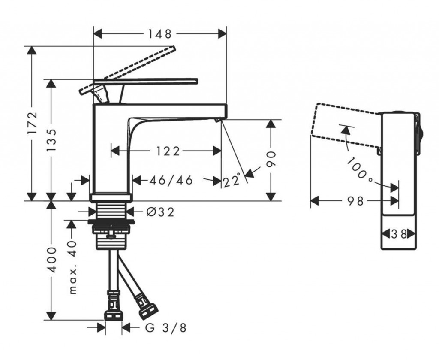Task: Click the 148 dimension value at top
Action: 159,34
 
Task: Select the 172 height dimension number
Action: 33,123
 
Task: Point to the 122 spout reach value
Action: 168,151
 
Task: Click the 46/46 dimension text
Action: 171,180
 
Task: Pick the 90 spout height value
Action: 271,160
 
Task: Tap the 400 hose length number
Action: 51,260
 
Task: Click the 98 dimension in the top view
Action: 355,200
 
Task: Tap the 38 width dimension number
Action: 399,234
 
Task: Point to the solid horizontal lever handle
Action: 146,82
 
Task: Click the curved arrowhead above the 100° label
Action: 345,130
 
